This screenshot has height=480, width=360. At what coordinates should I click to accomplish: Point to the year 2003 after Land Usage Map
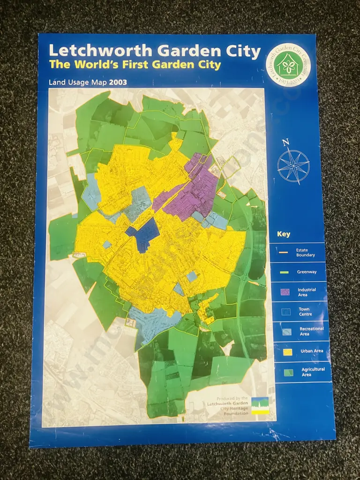click(x=118, y=82)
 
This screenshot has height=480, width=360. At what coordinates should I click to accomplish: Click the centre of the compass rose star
click(x=293, y=166)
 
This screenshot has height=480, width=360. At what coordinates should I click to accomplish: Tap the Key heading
click(x=284, y=234)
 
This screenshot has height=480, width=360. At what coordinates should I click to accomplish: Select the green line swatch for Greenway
click(x=285, y=272)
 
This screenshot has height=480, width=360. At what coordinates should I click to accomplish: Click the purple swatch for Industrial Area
click(x=285, y=292)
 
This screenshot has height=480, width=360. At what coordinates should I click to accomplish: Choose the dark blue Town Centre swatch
click(x=285, y=312)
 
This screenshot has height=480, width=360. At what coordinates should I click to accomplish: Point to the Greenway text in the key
click(x=307, y=272)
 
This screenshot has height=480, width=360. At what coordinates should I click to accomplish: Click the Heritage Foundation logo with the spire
click(x=261, y=405)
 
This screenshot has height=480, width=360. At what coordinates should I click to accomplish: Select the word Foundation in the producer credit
click(x=237, y=413)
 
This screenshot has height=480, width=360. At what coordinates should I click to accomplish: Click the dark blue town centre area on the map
click(x=147, y=233)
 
